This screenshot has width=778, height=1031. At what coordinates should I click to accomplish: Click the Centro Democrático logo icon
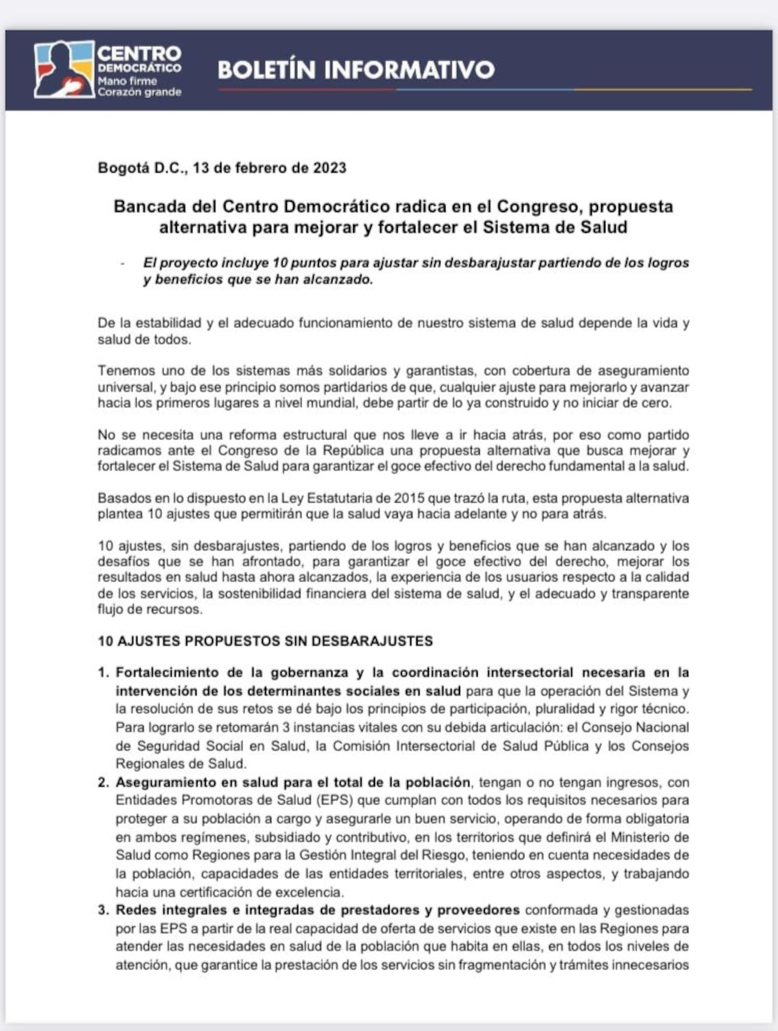pos(64,69)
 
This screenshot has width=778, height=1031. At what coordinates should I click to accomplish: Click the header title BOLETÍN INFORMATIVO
pos(356,69)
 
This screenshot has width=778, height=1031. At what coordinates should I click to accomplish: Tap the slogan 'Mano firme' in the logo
pos(127,81)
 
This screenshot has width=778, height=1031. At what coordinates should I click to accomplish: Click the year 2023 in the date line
pos(329,168)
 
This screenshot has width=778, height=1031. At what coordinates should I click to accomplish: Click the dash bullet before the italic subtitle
pos(123,264)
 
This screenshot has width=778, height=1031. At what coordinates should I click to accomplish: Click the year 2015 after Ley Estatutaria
pos(408,498)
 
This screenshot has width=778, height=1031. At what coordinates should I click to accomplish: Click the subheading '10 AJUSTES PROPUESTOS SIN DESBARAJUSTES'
pos(265,641)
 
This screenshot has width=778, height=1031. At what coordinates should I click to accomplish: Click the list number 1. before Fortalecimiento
pos(103,673)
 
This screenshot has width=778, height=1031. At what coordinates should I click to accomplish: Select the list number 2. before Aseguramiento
pos(103,782)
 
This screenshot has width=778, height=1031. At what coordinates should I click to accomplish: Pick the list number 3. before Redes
pos(103,910)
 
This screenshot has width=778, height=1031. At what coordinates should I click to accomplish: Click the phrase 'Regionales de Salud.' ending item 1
pos(181,764)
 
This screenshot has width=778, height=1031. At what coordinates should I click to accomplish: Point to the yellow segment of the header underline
pos(663,89)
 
